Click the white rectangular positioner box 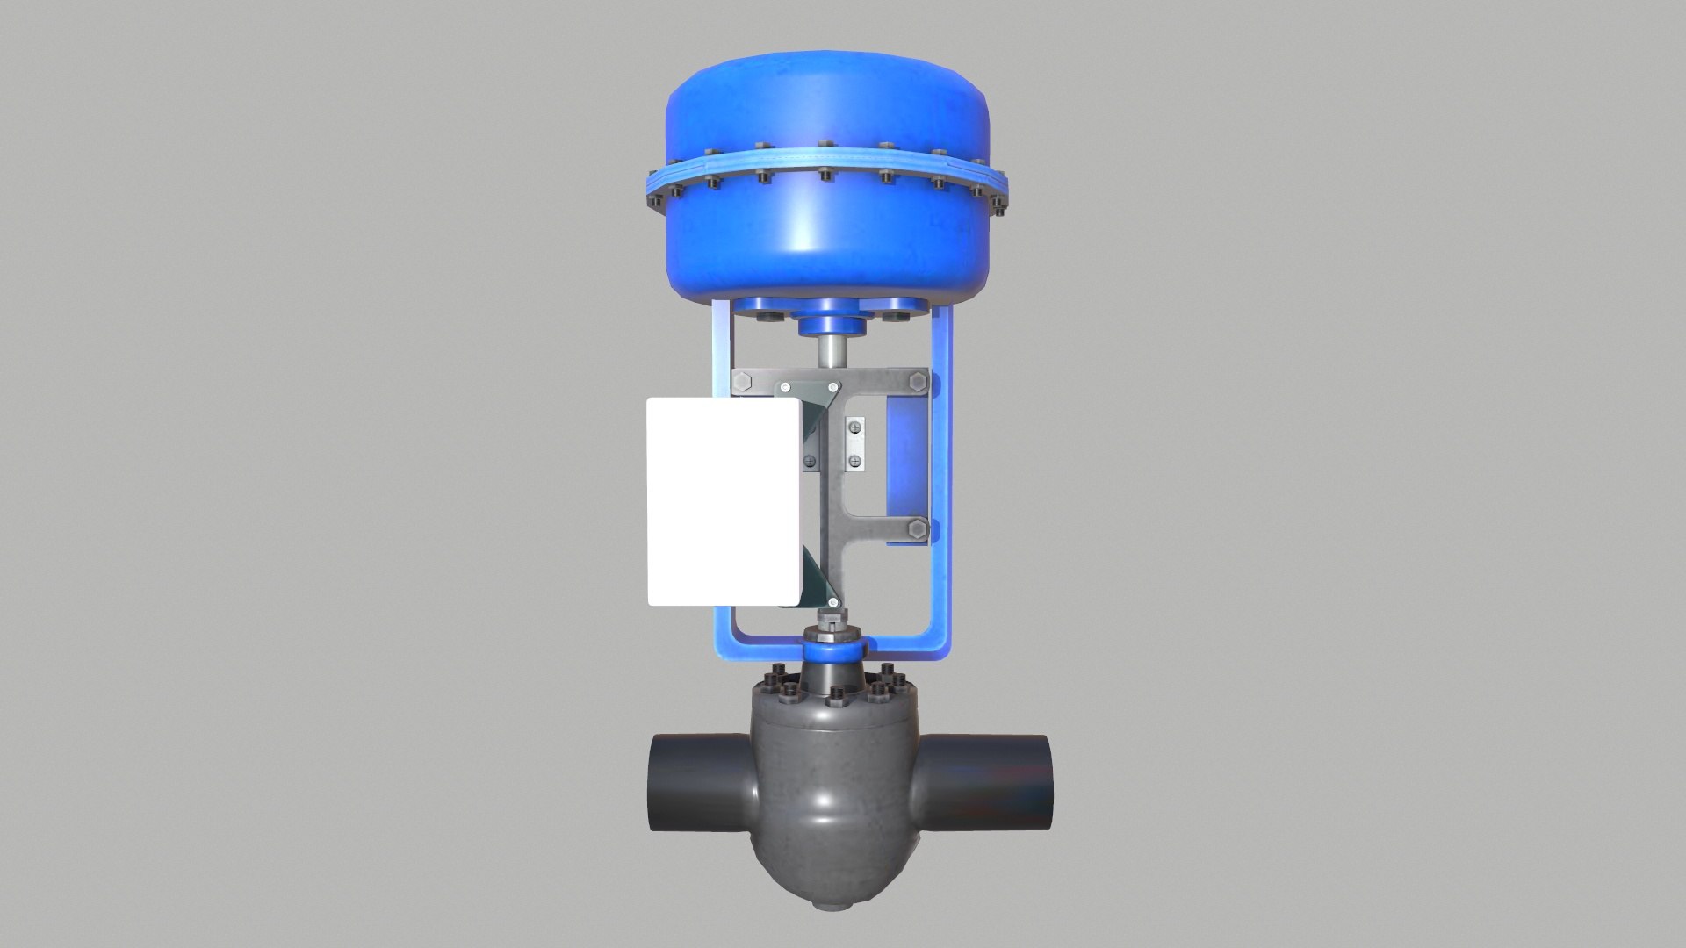[724, 501]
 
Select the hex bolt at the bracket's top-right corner [918, 383]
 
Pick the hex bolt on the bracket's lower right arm [918, 528]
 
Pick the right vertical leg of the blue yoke [941, 492]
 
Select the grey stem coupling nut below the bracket [828, 628]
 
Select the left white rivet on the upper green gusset [783, 387]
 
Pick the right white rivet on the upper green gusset [832, 387]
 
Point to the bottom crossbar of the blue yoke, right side [904, 648]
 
